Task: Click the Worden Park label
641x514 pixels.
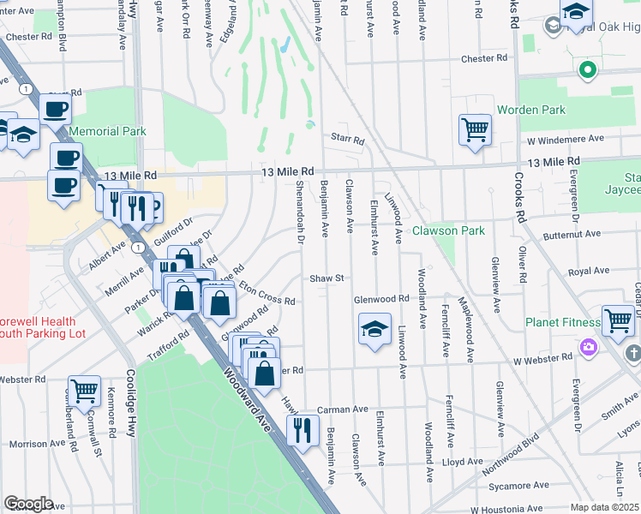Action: [x=531, y=110]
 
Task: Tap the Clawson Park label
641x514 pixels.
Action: [x=448, y=230]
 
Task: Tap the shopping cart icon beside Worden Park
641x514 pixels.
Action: [x=474, y=130]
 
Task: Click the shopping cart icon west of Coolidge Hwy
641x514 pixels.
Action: [x=84, y=391]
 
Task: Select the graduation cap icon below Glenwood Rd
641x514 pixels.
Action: [x=374, y=330]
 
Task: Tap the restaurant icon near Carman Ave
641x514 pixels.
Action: [x=302, y=430]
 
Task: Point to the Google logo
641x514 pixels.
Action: [x=28, y=503]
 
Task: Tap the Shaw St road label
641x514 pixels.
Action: [x=326, y=278]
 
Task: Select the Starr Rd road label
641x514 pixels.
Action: [x=347, y=140]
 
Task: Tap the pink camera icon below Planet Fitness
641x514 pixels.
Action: [x=588, y=347]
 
